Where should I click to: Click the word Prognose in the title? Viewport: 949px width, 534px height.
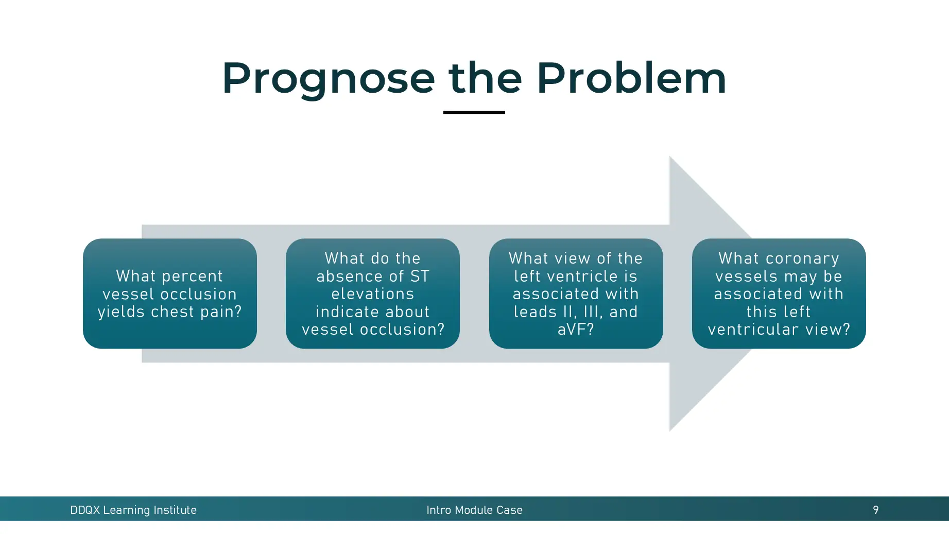329,79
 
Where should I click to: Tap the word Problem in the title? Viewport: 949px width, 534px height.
631,79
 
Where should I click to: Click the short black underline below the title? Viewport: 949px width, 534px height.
474,112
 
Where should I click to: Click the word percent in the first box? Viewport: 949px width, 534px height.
192,276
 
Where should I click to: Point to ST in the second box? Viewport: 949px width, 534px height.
420,276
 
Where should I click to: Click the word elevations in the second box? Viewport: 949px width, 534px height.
372,294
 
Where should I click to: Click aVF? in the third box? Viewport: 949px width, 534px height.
576,329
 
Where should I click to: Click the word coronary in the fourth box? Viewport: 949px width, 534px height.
802,259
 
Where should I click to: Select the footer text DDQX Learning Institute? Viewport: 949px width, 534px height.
133,510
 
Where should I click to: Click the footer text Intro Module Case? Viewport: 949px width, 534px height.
474,510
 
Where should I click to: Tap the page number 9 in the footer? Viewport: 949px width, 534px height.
875,510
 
